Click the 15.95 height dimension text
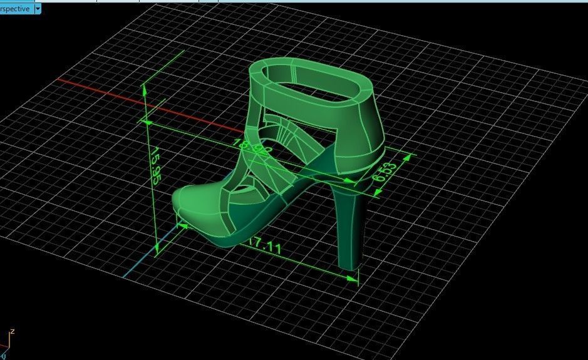point(154,167)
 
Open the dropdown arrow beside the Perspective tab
point(38,9)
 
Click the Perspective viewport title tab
point(15,9)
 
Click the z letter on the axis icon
point(12,331)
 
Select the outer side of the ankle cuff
point(357,135)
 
